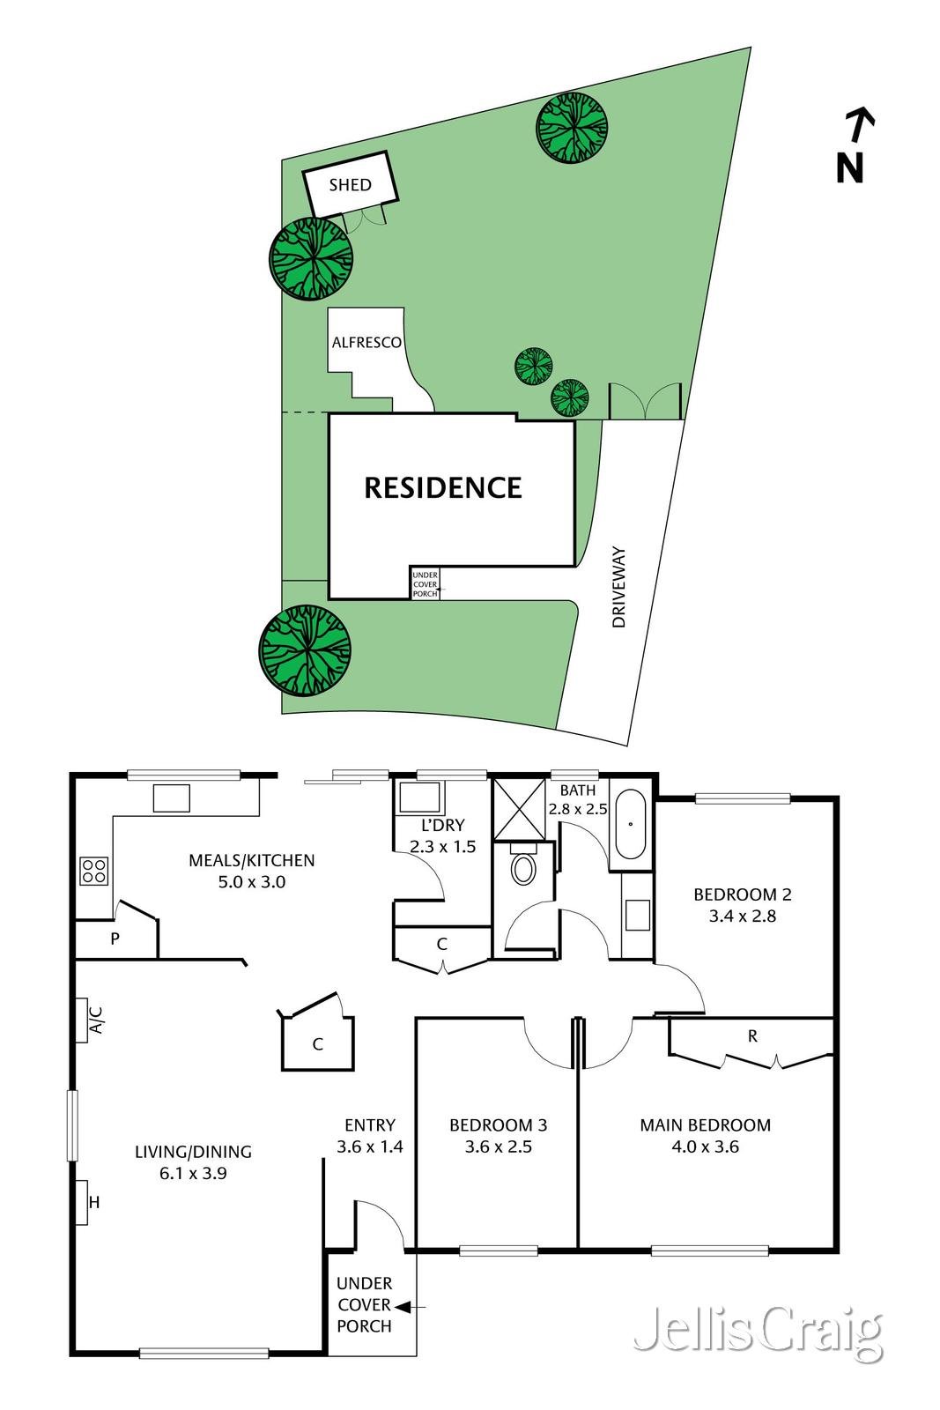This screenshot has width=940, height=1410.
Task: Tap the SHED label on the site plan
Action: click(350, 185)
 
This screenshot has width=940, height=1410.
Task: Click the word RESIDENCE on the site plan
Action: click(443, 487)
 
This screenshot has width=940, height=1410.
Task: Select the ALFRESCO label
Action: click(366, 343)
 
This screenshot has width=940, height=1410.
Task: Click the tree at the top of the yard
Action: click(573, 127)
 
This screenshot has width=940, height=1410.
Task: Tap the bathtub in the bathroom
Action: click(631, 826)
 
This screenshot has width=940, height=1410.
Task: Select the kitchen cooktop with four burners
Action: click(94, 871)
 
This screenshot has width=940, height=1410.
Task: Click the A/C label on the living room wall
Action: click(97, 1020)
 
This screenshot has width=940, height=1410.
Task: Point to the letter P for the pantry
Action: click(115, 939)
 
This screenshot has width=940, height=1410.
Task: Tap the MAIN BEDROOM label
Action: click(705, 1125)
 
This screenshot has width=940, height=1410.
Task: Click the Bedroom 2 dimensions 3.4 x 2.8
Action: click(742, 916)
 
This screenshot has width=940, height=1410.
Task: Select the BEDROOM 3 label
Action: click(498, 1125)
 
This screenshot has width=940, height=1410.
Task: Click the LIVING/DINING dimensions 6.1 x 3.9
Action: click(193, 1173)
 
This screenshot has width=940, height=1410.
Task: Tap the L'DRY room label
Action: click(442, 826)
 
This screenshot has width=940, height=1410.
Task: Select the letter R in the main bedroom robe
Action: click(752, 1036)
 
